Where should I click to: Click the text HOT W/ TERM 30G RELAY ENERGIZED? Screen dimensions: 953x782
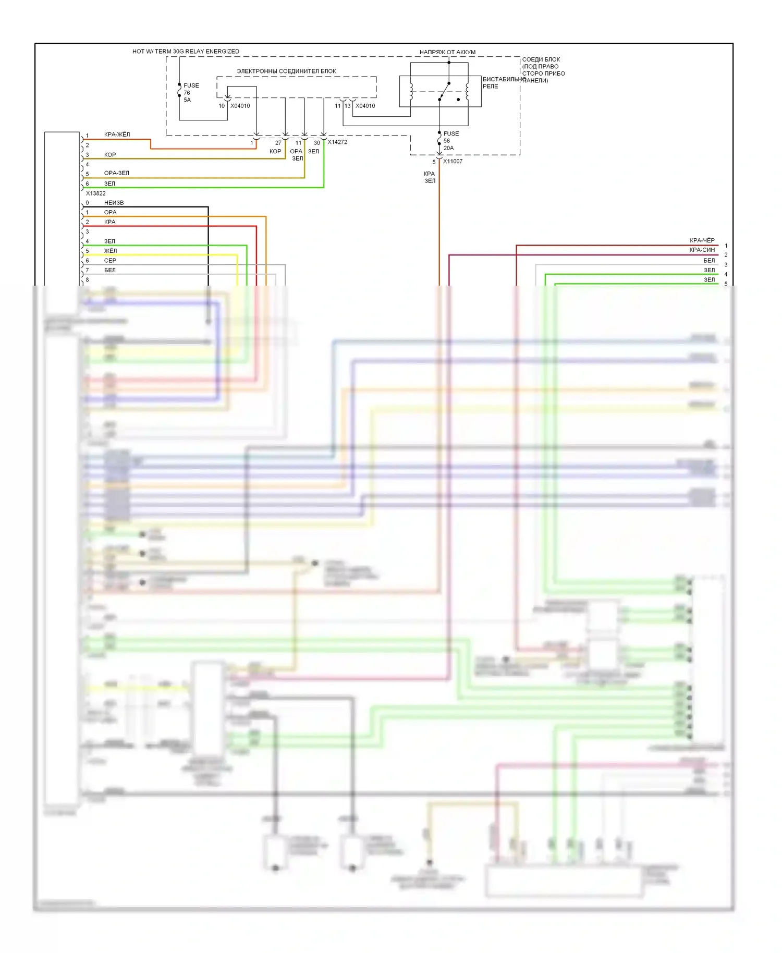click(x=186, y=52)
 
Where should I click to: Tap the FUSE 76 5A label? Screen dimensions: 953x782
click(x=190, y=92)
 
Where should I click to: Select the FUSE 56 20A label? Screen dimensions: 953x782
click(x=450, y=141)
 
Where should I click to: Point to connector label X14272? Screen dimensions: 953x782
click(x=337, y=142)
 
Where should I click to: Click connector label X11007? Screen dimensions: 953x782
click(x=453, y=161)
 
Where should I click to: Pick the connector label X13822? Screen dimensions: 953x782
click(x=95, y=193)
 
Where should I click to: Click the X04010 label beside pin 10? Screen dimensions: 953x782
click(x=240, y=106)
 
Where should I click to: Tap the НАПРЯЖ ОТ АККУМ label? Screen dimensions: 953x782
click(x=447, y=52)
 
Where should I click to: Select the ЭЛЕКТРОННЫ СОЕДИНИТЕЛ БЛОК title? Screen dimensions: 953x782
click(x=286, y=71)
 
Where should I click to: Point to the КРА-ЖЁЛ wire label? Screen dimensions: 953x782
click(x=117, y=135)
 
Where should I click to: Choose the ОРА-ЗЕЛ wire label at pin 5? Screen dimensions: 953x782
click(x=116, y=173)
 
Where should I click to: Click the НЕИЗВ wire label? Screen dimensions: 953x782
click(x=114, y=203)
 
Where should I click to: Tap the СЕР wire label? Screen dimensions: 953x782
click(x=110, y=261)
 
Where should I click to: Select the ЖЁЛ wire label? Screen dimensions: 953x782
click(x=110, y=251)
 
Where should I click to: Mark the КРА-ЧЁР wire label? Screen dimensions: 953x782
click(x=702, y=240)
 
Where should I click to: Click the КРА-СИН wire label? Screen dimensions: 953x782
click(x=702, y=250)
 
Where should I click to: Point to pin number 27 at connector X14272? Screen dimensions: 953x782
click(x=278, y=143)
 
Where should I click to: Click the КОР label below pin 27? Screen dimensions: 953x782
click(x=275, y=151)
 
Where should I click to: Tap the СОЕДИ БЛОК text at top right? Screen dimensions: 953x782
click(x=541, y=59)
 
